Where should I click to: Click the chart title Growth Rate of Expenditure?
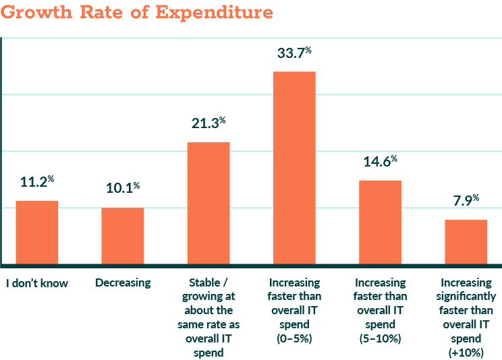click(137, 12)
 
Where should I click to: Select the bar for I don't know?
click(37, 233)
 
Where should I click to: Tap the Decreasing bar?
click(123, 236)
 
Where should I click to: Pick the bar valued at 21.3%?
click(208, 203)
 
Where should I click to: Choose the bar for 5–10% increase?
click(380, 222)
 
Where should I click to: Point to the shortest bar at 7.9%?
click(466, 241)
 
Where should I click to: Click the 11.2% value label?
click(37, 182)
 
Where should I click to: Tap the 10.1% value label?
click(123, 188)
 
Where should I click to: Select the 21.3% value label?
click(208, 123)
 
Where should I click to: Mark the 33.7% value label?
click(294, 53)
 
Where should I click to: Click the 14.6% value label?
click(380, 162)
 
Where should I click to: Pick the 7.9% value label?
click(466, 201)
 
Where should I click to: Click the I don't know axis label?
click(37, 283)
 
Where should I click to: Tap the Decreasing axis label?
click(123, 283)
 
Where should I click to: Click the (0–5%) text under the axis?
click(294, 338)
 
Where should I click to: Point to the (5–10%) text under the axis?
click(380, 338)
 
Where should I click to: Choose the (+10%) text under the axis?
click(466, 353)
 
